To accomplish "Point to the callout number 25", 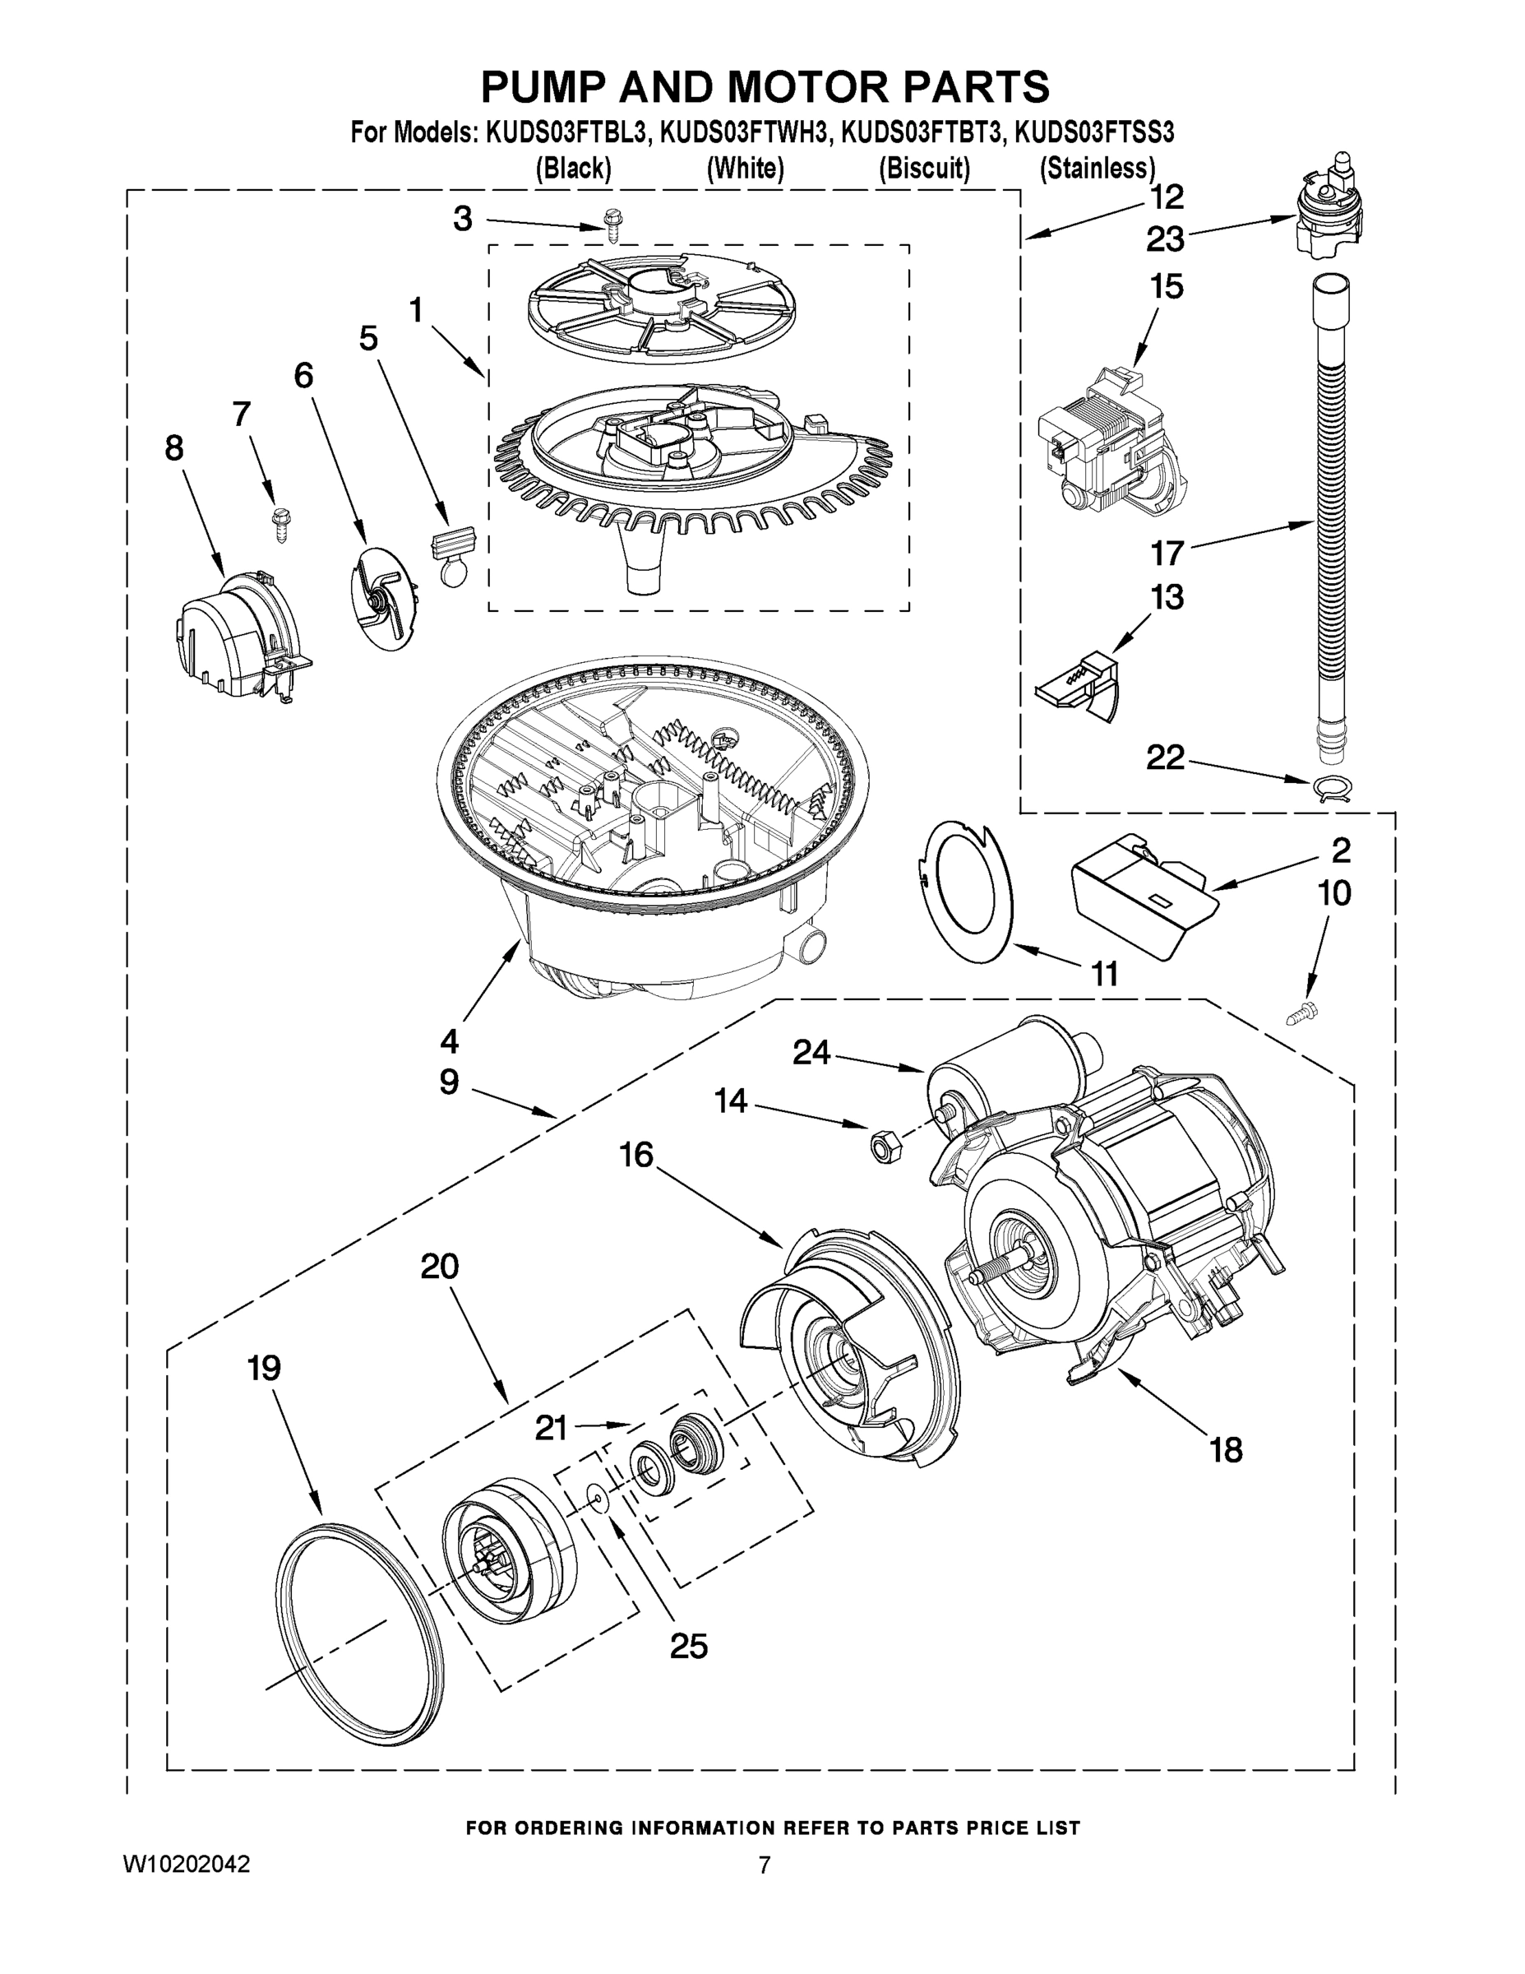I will [x=688, y=1646].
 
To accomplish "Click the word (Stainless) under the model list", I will [x=1097, y=168].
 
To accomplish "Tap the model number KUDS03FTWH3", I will [x=743, y=134].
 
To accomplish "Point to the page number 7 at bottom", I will [x=765, y=1865].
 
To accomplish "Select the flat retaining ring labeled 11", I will [x=966, y=890].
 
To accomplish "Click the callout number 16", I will [x=636, y=1155].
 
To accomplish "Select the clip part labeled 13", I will [x=1079, y=691].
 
